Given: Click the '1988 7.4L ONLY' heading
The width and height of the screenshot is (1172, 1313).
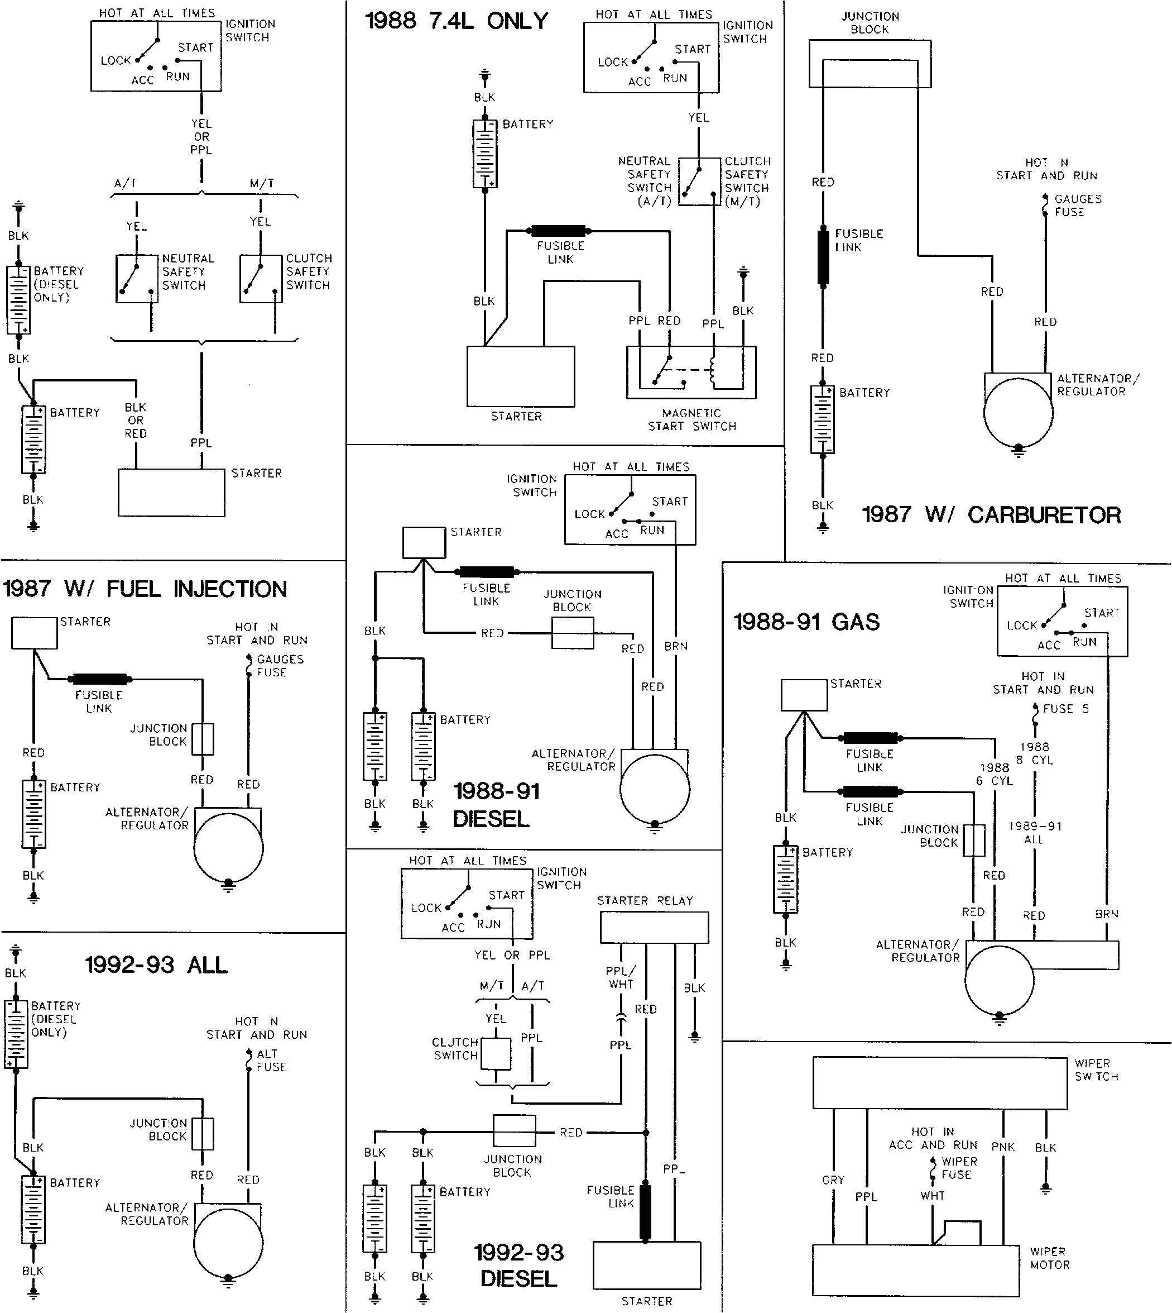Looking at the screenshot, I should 457,21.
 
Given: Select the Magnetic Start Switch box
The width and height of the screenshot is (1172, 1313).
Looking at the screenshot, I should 691,373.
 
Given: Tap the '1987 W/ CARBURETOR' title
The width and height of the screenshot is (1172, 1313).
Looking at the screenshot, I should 991,515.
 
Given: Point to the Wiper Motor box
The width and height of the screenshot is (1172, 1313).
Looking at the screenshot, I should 915,1270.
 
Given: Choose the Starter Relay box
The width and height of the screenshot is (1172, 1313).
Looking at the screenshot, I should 654,928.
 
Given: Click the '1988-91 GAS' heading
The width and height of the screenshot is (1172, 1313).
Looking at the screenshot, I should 806,622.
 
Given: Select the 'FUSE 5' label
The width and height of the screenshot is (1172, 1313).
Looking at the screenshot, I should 1066,709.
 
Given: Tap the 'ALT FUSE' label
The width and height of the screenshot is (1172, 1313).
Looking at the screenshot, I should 271,1061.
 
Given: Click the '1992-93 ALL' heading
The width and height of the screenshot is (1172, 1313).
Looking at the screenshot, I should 156,965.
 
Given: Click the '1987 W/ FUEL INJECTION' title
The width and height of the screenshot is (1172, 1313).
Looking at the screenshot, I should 145,589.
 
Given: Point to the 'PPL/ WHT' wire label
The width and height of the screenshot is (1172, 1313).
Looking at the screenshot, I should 620,977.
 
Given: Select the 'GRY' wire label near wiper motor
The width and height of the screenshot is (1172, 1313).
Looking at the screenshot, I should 833,1180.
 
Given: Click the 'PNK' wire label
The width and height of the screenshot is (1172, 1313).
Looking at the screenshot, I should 1003,1147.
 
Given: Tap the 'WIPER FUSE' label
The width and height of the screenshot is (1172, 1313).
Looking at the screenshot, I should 959,1168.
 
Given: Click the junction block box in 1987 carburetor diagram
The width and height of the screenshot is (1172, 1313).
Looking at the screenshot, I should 870,64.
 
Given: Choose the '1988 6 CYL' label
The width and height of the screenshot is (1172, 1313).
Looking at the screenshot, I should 995,774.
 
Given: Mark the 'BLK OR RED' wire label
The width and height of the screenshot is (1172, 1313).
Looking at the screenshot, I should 135,420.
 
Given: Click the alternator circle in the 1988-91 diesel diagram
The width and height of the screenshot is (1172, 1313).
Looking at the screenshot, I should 655,789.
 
